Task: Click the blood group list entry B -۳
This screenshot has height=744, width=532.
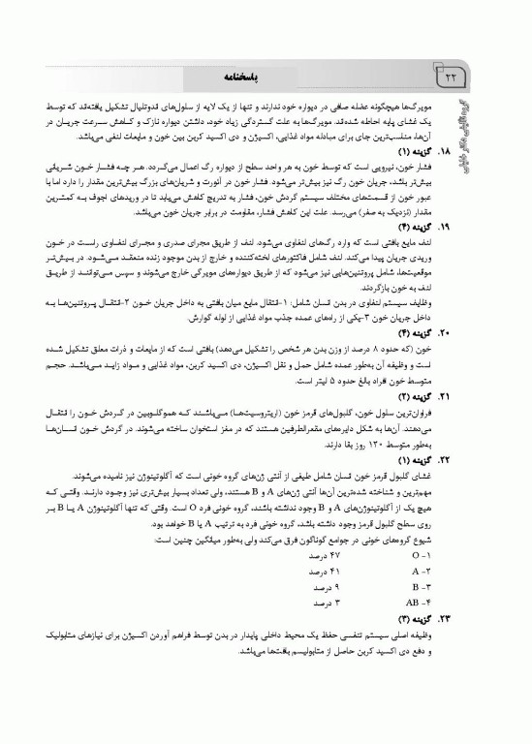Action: [421, 587]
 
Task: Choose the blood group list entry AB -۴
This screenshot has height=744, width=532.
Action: [419, 601]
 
